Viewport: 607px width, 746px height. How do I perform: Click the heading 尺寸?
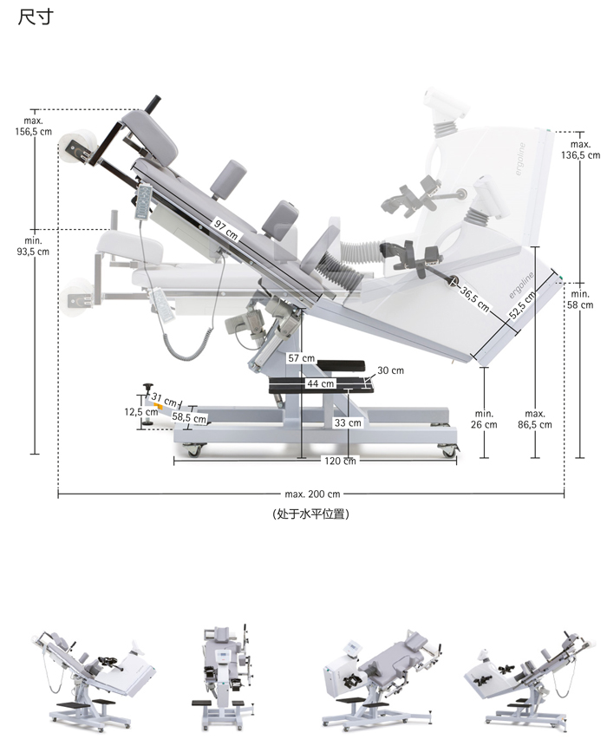[x=35, y=17]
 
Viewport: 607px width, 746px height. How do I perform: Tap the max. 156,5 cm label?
[x=33, y=126]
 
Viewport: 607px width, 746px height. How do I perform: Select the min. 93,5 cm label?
[x=34, y=245]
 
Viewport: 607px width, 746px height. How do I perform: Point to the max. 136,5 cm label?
[x=580, y=149]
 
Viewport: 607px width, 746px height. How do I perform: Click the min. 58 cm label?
[x=580, y=299]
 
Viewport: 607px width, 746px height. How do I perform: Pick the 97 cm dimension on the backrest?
[x=225, y=227]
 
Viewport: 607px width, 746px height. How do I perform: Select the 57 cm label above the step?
[x=301, y=358]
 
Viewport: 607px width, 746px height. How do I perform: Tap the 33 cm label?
[x=347, y=423]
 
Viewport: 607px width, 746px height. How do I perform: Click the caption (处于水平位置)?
[x=310, y=514]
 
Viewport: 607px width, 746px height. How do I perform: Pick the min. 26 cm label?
[x=485, y=419]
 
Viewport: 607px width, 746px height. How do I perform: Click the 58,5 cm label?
[x=189, y=418]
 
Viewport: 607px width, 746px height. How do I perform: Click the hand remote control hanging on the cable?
[x=160, y=304]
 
